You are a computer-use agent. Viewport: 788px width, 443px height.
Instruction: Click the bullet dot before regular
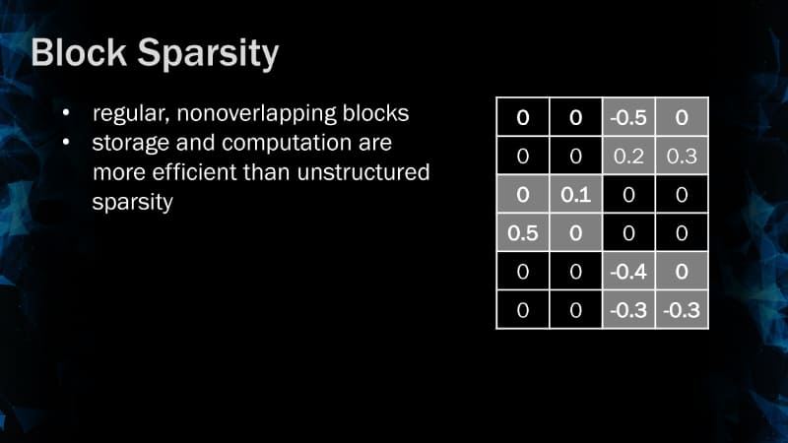coord(65,114)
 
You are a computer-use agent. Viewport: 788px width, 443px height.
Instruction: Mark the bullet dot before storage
coord(65,144)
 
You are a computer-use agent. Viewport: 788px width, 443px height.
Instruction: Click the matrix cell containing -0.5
coord(628,118)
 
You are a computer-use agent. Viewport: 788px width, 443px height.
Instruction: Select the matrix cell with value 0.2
coord(628,156)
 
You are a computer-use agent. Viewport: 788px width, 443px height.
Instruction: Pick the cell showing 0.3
coord(682,156)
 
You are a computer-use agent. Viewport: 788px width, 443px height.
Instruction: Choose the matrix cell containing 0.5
coord(522,233)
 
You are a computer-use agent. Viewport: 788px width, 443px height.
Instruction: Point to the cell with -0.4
coord(628,272)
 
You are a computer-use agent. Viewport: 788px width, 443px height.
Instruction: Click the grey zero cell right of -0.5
coord(682,118)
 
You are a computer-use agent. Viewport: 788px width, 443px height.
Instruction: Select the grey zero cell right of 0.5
coord(575,233)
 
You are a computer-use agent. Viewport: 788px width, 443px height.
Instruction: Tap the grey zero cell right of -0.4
coord(682,272)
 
